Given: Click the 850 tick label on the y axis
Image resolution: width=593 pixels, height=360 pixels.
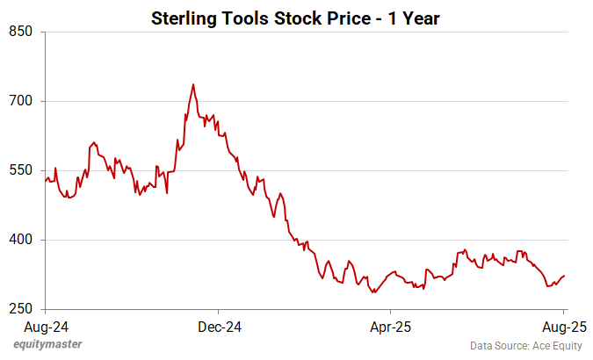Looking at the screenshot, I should [21, 32].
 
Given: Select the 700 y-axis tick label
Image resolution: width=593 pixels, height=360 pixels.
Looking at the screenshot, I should [21, 101].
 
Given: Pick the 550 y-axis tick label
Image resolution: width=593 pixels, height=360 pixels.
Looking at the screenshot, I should [21, 170].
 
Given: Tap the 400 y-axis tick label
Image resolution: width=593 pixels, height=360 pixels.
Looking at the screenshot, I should [21, 240].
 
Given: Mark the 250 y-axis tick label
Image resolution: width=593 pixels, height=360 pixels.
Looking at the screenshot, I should [21, 309].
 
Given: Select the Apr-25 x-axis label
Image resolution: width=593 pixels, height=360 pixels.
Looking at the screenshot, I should [390, 326].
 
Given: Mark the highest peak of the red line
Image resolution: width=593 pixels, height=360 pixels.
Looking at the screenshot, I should [193, 84].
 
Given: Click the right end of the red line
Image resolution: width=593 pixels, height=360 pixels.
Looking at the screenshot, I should [565, 276].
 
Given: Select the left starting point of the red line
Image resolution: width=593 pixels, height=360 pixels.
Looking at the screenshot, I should [45, 182].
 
